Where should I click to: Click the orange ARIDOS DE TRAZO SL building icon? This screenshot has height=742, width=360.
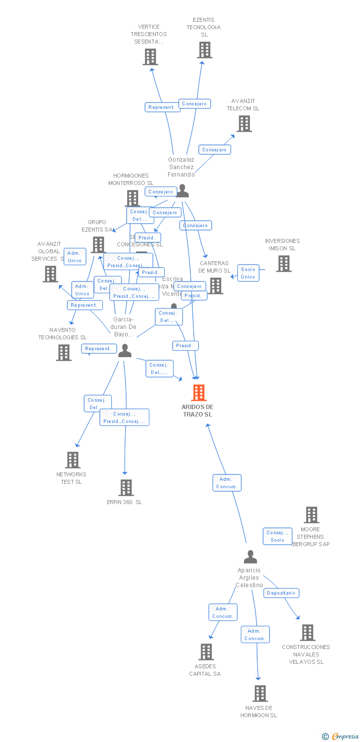tap(198, 393)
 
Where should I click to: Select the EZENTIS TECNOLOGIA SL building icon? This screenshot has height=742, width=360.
tap(204, 50)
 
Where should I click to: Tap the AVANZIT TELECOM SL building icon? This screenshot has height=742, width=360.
tap(244, 124)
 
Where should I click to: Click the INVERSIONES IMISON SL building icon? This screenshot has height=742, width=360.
tap(283, 264)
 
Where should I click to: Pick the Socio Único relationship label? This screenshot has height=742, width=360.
tap(248, 273)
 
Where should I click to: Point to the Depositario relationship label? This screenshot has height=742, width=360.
tap(281, 593)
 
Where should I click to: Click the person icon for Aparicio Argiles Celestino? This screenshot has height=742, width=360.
tap(250, 557)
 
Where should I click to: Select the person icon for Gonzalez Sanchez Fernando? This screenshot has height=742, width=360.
tap(182, 191)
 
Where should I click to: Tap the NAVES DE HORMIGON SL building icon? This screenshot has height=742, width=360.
tap(260, 694)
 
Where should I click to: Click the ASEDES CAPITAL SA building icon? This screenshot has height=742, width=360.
tap(206, 652)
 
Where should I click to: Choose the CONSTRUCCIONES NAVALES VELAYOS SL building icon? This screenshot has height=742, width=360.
tap(307, 633)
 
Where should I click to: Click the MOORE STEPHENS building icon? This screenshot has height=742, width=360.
tap(311, 515)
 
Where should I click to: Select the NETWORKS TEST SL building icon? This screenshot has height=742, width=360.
tap(73, 460)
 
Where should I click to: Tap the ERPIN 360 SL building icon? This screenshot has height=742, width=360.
tap(126, 488)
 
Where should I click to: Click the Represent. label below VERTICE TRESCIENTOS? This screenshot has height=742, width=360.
tap(162, 107)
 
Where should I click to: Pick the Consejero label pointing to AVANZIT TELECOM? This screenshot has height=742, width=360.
tap(215, 149)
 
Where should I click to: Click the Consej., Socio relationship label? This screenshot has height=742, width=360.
tap(277, 536)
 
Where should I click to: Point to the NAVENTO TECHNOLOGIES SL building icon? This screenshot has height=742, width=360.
tap(63, 353)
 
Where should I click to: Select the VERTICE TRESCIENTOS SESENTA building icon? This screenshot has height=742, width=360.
tap(150, 57)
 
